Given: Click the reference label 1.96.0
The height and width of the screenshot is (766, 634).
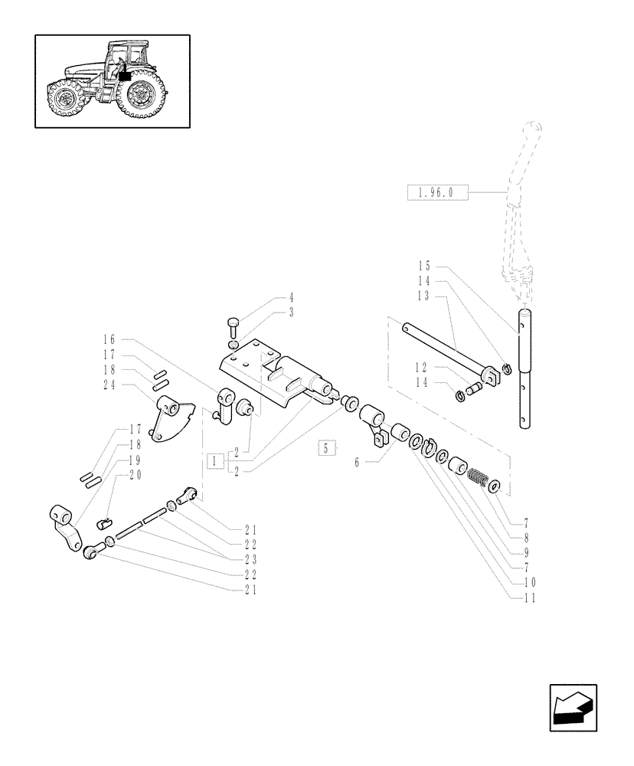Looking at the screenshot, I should coord(435,192).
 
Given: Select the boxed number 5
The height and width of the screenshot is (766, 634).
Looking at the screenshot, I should coord(327,448).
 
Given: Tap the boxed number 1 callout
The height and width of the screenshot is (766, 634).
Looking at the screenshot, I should coord(215,461).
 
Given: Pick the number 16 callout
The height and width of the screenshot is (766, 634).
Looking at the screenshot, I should coord(109,339).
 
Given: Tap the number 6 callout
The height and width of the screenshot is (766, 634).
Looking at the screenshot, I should coord(357,463).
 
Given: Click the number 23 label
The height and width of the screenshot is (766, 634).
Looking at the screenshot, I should coord(251,559).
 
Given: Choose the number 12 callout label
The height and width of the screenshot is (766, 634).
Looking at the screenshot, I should coord(423,366).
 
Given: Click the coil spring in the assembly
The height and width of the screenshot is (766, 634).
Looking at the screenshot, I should coord(477,480).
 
